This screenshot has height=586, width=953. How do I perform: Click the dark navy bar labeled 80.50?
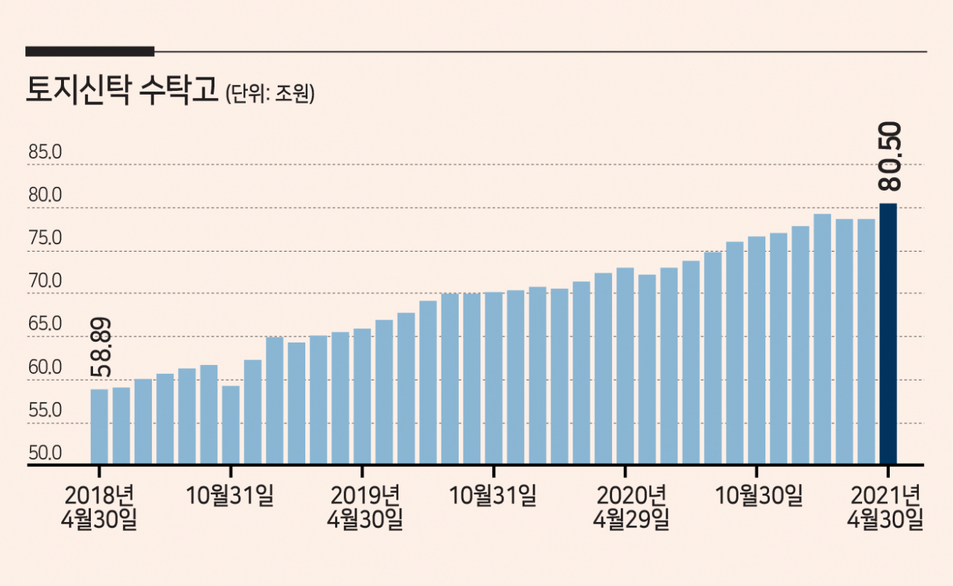pos(888,334)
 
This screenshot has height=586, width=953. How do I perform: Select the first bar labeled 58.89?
pos(99,427)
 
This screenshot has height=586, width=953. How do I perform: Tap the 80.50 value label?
pos(889,156)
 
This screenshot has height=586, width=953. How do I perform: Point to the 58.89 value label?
pos(101,347)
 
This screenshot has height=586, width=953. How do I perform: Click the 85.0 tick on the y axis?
pos(45,152)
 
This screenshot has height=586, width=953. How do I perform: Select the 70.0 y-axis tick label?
pos(45,281)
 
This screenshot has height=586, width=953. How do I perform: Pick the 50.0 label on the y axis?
pos(45,453)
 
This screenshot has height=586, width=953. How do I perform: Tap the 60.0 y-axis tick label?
pos(45,367)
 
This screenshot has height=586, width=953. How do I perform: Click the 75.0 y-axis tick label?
pos(45,238)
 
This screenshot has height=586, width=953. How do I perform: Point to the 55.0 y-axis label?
pos(45,410)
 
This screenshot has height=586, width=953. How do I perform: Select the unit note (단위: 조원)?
pos(270,93)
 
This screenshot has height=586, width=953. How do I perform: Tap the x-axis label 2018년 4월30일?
pos(99,507)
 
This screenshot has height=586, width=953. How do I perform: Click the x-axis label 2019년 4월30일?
pos(365,507)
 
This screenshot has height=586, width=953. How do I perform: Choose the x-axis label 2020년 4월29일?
pos(631,507)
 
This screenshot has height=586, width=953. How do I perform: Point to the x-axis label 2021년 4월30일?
pos(885,507)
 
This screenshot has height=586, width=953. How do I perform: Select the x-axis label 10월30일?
pos(759,495)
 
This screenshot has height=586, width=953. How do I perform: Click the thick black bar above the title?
pos(90,51)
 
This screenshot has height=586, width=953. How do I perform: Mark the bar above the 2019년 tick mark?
pos(362,396)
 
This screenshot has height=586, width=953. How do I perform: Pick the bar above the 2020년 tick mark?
pos(625,366)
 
